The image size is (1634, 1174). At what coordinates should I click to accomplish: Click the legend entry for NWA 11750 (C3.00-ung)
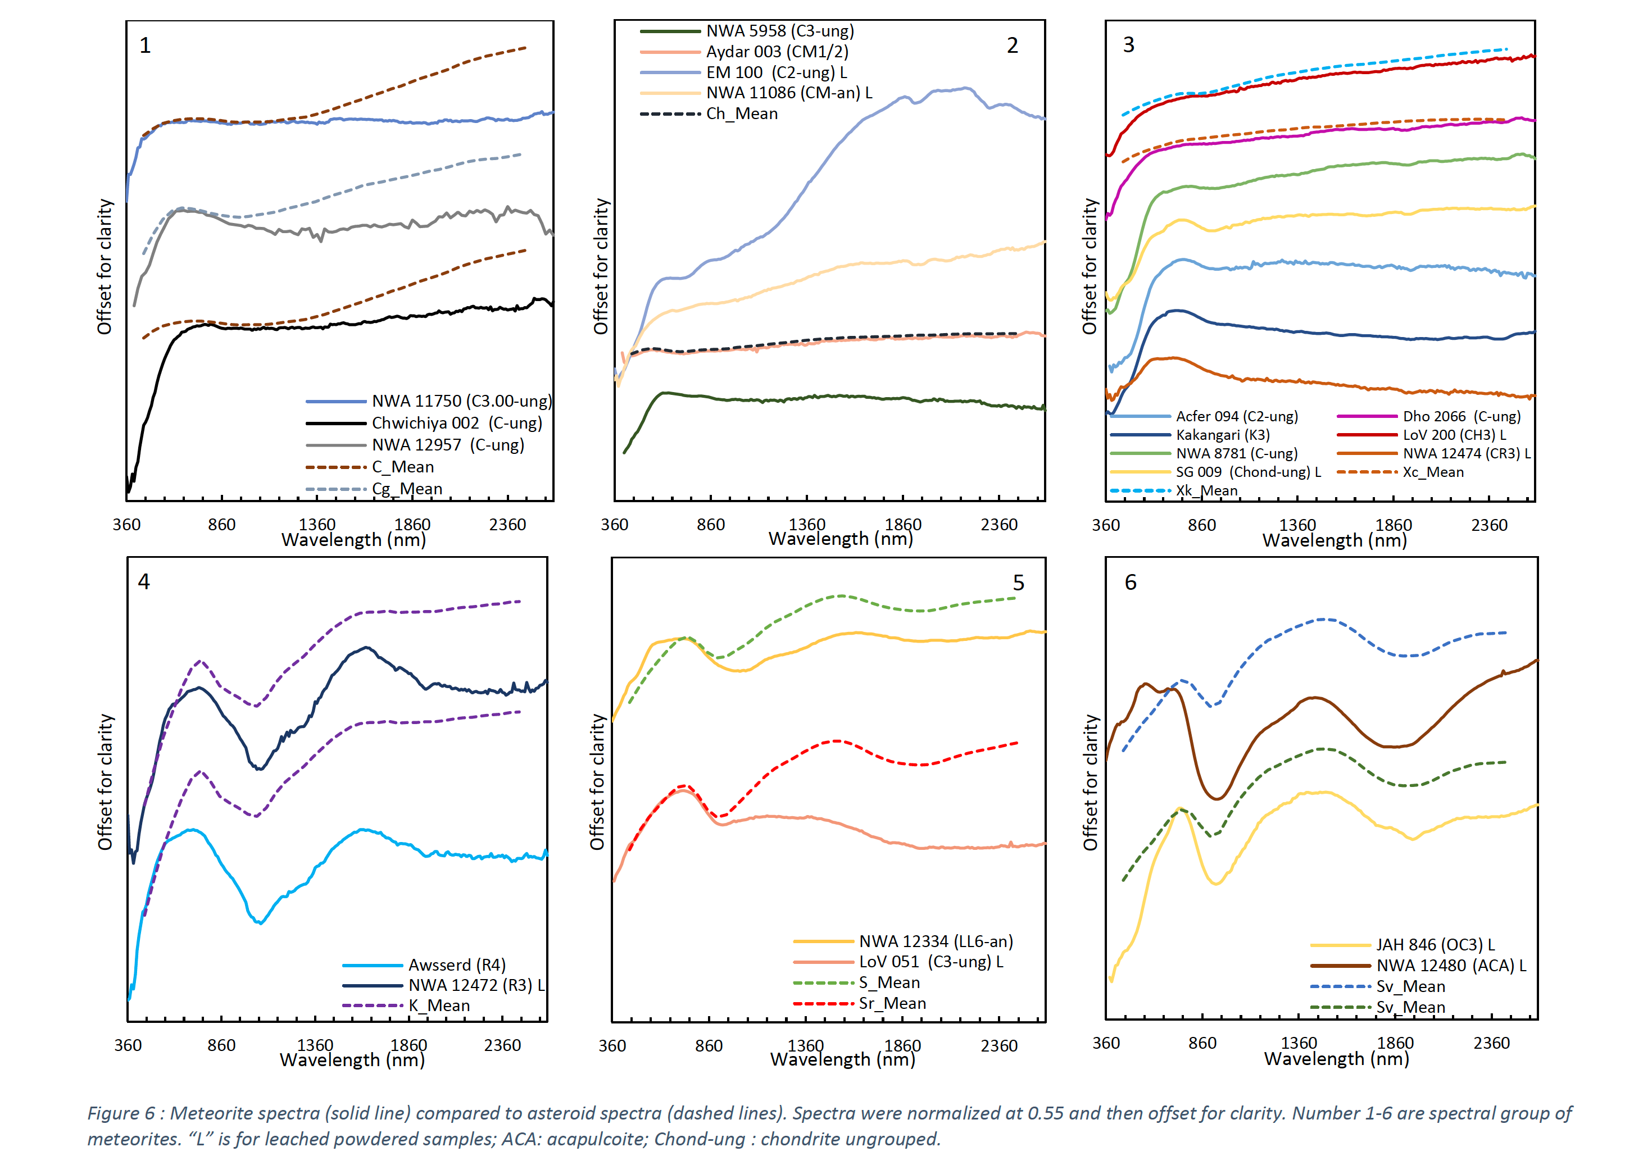pos(461,401)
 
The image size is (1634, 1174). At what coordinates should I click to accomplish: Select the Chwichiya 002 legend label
pos(456,423)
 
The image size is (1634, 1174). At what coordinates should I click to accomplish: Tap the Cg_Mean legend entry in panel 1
pos(407,489)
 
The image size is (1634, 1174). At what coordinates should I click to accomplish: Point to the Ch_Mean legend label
pos(741,114)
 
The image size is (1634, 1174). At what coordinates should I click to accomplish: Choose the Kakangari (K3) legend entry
pos(1223,435)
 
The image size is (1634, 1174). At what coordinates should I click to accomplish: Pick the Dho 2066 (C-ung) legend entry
pos(1461,416)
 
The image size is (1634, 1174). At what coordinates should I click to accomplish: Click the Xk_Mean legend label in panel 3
pos(1207,490)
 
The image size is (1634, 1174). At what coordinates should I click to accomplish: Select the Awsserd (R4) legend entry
pos(457,965)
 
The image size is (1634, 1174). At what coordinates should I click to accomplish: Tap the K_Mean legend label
pos(439,1005)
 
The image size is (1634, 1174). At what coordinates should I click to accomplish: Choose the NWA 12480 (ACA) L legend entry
pos(1450,966)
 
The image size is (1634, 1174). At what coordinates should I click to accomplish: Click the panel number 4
pos(144,582)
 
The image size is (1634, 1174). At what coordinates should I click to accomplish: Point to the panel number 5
pos(1018,583)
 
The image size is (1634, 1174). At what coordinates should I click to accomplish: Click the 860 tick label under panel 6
pos(1202,1044)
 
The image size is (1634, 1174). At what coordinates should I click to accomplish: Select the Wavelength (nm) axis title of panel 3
pos(1335,541)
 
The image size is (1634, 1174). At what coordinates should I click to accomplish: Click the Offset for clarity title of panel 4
pos(106,782)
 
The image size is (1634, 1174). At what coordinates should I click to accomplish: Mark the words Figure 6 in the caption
pos(121,1113)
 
